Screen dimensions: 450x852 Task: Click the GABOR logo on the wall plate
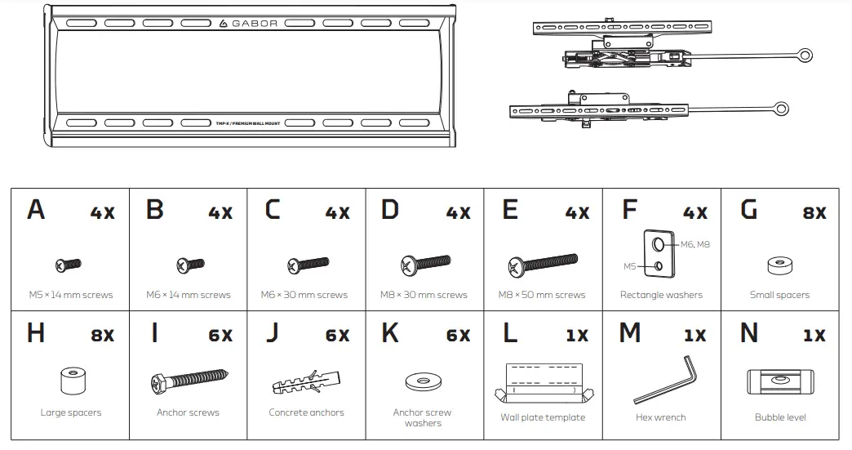(x=249, y=23)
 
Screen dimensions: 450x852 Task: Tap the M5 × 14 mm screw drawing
(x=69, y=264)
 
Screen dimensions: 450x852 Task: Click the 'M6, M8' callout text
(x=695, y=244)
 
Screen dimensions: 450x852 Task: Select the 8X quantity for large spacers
(x=103, y=336)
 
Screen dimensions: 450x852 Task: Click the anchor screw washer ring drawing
(x=423, y=382)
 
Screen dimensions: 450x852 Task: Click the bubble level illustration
(x=779, y=381)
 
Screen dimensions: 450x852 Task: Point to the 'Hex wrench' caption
(x=660, y=417)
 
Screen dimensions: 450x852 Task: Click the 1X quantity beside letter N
(x=814, y=336)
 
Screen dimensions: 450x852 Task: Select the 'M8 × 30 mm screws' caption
(x=424, y=295)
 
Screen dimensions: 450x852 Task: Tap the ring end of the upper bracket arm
(x=805, y=55)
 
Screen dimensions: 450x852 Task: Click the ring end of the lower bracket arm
(x=781, y=107)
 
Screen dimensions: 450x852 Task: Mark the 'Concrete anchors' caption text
(x=306, y=412)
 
